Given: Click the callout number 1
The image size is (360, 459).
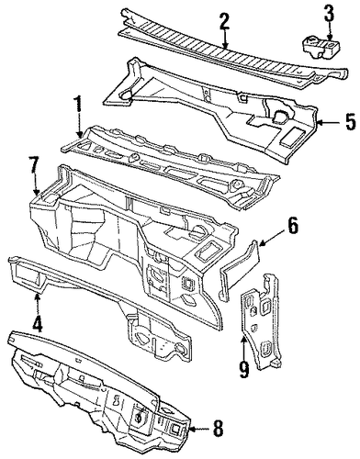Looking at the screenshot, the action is [x=79, y=106].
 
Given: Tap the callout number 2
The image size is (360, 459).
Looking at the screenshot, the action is [x=224, y=20].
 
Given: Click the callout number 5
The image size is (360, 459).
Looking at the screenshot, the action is [x=350, y=122].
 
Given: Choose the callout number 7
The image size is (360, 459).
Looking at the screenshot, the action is [x=34, y=166].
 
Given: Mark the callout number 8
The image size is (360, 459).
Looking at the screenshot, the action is [x=218, y=429].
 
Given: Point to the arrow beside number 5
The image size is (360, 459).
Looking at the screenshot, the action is [x=329, y=123].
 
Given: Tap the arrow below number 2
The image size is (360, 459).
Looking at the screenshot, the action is [x=225, y=39].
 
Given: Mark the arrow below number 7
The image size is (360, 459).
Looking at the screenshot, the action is [x=36, y=185].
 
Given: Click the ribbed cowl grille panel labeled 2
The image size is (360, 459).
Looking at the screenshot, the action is [x=232, y=50].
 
